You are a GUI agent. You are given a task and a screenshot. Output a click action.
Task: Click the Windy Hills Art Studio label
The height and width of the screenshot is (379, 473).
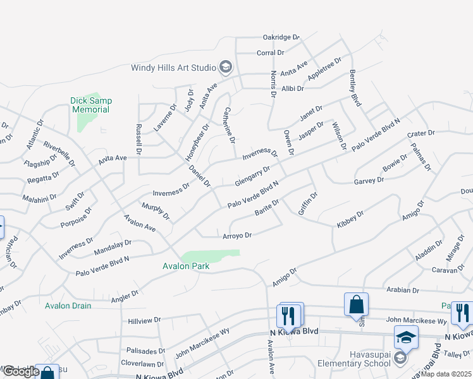(x=173, y=68)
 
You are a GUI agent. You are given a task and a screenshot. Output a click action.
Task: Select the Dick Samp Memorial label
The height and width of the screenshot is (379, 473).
(x=90, y=105)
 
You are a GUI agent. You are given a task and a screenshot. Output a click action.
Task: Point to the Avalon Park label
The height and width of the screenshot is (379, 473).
(x=186, y=267)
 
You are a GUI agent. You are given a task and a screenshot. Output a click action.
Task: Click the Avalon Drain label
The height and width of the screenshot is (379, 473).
(x=68, y=306)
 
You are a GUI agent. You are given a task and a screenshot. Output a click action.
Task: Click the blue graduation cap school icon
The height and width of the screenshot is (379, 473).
(x=405, y=337)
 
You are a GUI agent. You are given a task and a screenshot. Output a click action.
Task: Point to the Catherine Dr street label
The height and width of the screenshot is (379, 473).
(x=228, y=124)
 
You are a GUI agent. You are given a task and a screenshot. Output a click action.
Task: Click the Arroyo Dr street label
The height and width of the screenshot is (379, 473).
(x=237, y=236)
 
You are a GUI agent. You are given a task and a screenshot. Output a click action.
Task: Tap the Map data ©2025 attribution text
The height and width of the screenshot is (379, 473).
(x=446, y=374)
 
